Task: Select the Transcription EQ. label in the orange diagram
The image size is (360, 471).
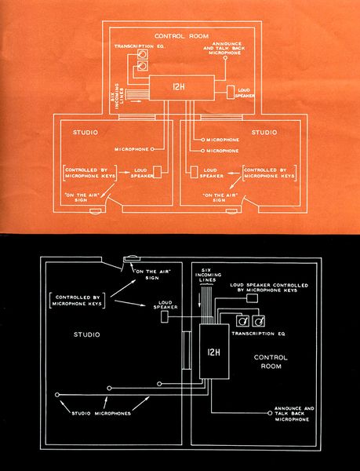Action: click(137, 46)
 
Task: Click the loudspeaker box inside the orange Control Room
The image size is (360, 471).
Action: click(234, 93)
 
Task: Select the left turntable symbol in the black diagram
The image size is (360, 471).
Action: click(243, 320)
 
